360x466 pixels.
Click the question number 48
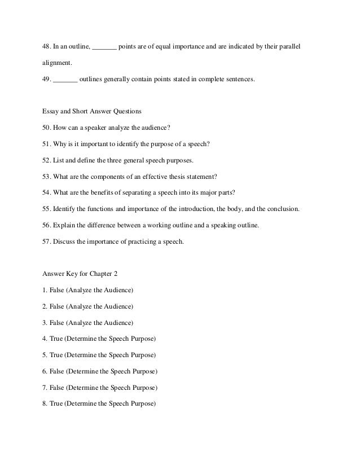47,45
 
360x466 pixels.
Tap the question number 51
47,144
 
